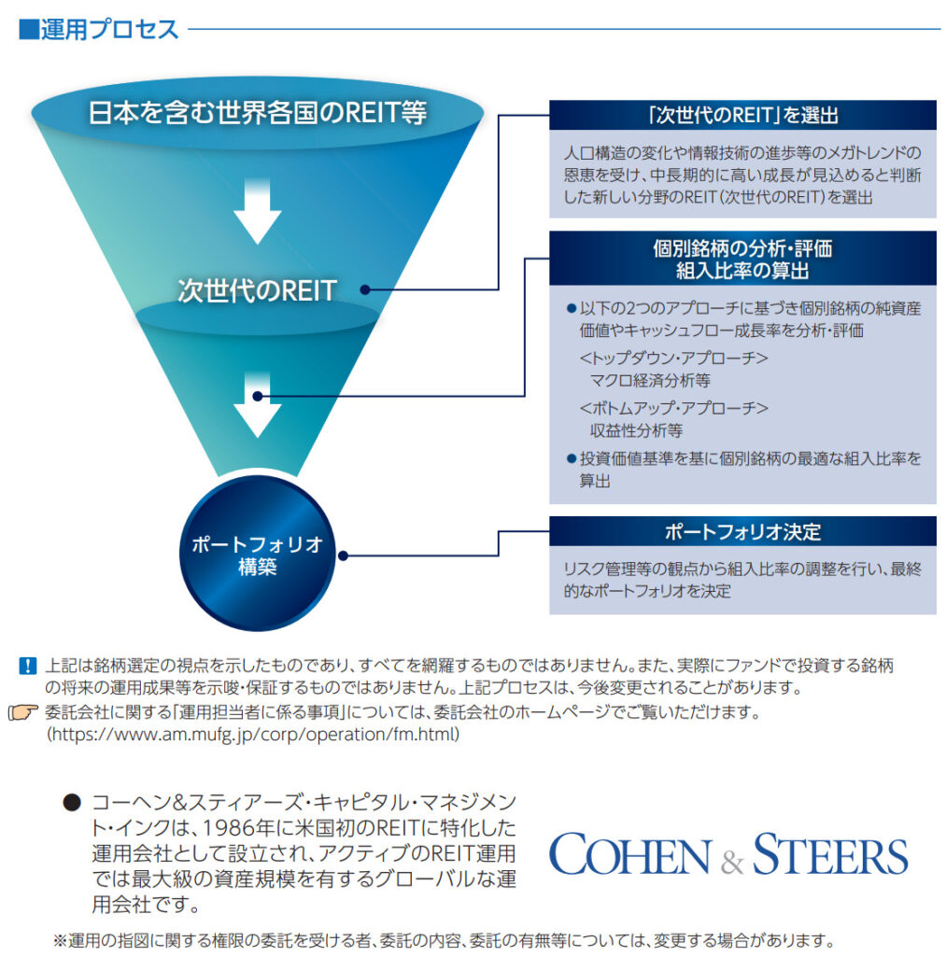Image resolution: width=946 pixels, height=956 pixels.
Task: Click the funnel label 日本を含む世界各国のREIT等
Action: (x=257, y=113)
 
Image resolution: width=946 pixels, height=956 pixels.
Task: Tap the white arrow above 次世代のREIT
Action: (x=257, y=211)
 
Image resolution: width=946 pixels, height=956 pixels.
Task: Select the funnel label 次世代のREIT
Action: (x=257, y=290)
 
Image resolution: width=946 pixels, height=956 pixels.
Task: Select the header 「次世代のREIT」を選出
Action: (x=742, y=115)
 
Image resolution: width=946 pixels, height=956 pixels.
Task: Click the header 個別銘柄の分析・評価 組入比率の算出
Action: (x=742, y=260)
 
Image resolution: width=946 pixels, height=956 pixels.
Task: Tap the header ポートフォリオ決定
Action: (x=742, y=531)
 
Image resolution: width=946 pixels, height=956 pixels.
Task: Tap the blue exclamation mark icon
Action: (x=27, y=667)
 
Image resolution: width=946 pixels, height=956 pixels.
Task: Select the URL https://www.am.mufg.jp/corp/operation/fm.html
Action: (x=253, y=735)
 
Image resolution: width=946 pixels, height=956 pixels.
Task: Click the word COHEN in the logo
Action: (x=628, y=855)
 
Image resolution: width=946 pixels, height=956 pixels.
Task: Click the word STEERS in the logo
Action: (x=830, y=855)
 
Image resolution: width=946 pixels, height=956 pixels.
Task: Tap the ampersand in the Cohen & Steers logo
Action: (x=733, y=860)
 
